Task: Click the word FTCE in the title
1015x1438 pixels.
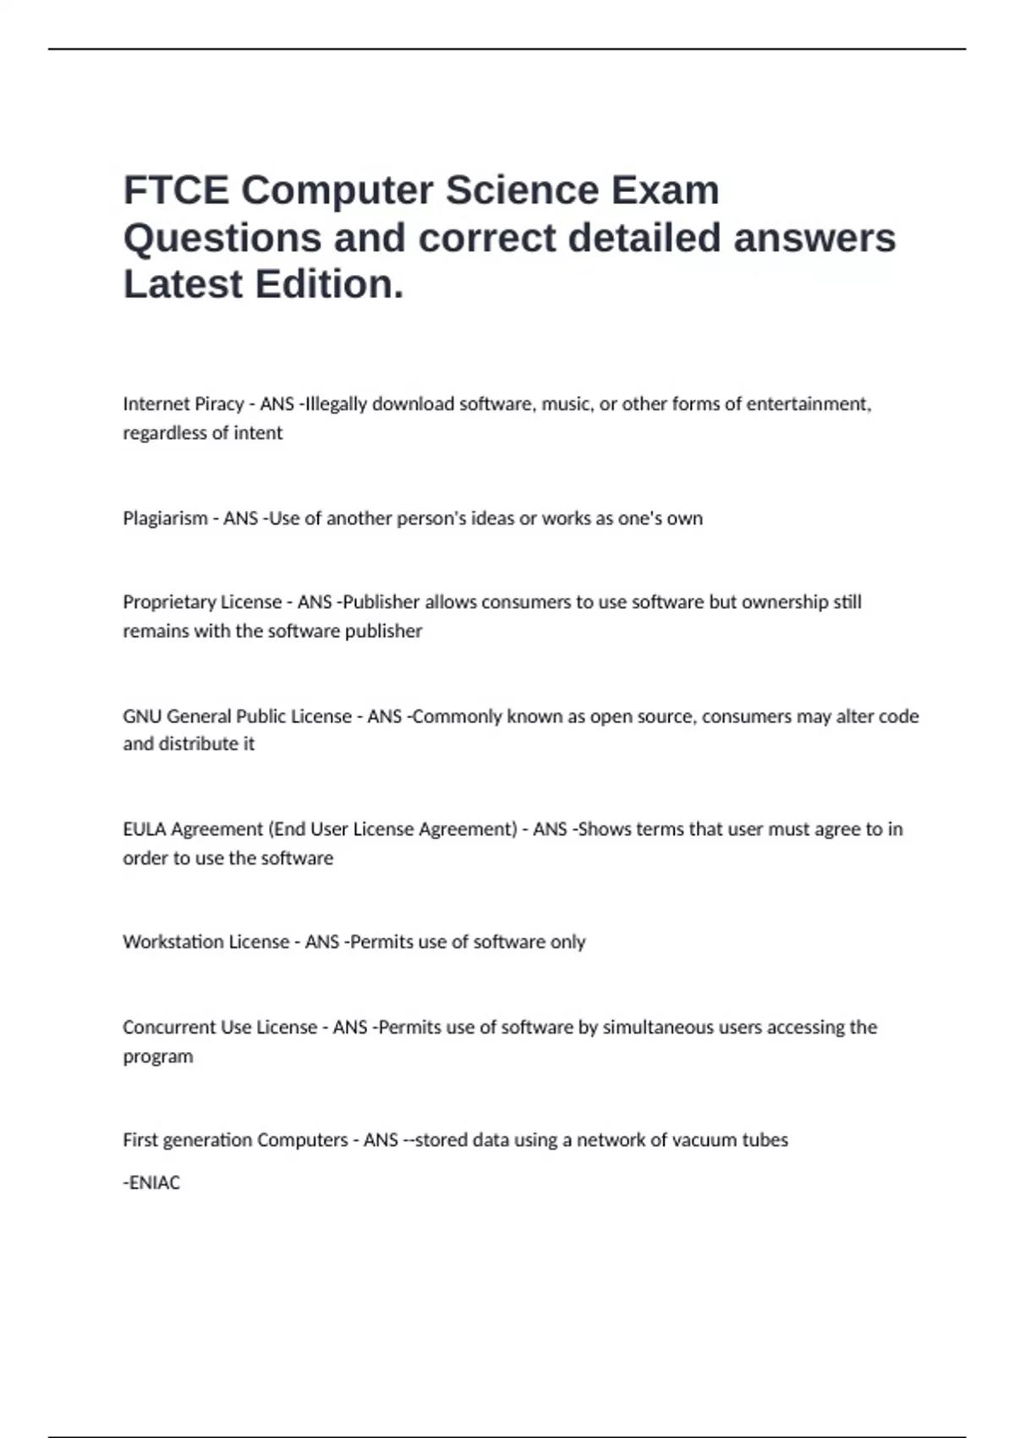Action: coord(176,190)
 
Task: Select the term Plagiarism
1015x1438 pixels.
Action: coord(165,519)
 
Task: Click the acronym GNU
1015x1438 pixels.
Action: coord(142,716)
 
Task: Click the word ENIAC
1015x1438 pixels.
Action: coord(155,1183)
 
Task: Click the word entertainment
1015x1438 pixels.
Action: coord(808,404)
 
